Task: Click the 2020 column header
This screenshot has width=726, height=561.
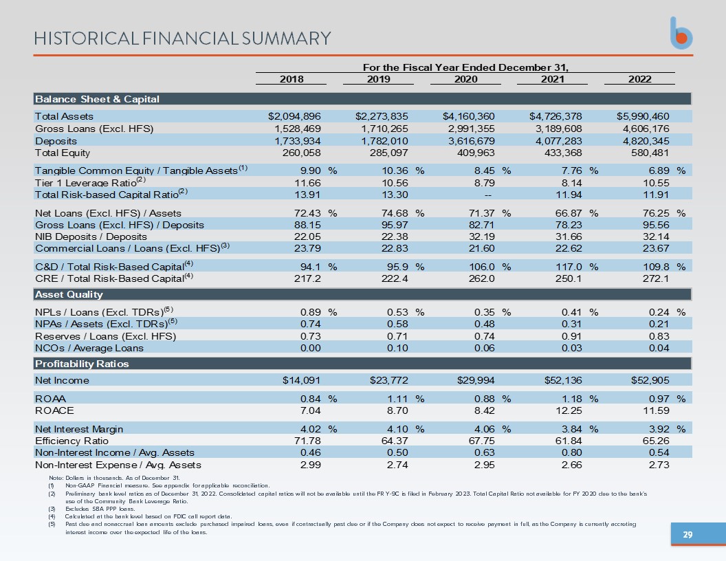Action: click(x=465, y=79)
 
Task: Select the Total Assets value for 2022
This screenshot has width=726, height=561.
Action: click(x=643, y=116)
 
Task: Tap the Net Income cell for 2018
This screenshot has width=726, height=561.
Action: click(x=301, y=380)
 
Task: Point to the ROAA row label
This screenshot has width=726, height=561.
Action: click(x=50, y=399)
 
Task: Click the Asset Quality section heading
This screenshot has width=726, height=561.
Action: click(x=69, y=294)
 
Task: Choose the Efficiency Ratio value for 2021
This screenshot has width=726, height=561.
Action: click(x=569, y=441)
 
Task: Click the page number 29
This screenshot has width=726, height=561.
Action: click(x=688, y=535)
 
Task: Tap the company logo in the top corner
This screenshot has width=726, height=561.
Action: click(x=681, y=33)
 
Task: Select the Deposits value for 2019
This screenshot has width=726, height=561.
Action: click(x=384, y=141)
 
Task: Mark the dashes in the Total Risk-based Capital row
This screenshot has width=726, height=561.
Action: click(x=487, y=195)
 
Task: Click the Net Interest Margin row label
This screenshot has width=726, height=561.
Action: click(x=79, y=429)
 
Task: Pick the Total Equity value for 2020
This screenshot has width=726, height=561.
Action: click(x=476, y=153)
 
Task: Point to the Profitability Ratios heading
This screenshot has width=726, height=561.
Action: click(x=82, y=364)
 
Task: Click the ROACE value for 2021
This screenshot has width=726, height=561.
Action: click(x=569, y=410)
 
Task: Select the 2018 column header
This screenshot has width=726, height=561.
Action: click(x=291, y=79)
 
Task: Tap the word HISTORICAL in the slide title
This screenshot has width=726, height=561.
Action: click(x=87, y=38)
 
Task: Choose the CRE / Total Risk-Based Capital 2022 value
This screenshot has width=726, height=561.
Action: click(x=656, y=278)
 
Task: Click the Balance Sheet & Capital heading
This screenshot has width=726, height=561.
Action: click(x=97, y=99)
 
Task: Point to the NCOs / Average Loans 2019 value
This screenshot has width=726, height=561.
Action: click(x=398, y=348)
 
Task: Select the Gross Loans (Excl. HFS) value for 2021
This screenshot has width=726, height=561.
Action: click(x=558, y=129)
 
